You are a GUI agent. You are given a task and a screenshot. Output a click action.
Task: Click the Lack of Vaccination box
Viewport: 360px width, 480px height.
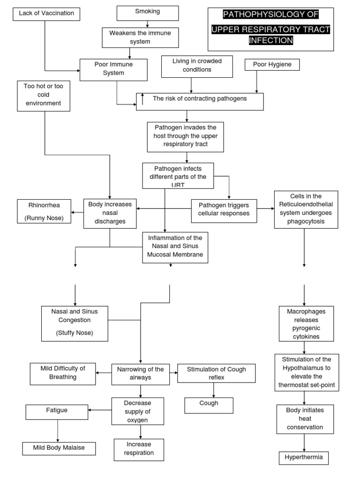point(46,14)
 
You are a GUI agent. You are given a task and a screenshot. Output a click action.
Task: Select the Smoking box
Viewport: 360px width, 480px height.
point(147,13)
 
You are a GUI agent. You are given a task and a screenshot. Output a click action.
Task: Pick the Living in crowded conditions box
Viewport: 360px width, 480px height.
point(197,66)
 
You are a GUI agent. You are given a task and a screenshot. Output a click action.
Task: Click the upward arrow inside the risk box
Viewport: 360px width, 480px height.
point(142,99)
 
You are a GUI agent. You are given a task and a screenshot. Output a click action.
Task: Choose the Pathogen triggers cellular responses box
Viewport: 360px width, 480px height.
point(224,210)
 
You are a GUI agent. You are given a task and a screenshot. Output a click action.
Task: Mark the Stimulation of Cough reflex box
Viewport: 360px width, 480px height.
point(216,373)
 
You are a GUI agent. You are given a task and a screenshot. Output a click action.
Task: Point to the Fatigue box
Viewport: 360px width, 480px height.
point(57,412)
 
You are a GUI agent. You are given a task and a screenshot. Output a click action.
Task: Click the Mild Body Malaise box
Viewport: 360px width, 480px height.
point(59,448)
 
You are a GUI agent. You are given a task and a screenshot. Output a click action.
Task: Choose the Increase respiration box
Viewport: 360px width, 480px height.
point(139,449)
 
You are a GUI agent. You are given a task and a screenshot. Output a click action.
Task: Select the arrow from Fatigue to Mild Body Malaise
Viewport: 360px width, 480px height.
point(57,430)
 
